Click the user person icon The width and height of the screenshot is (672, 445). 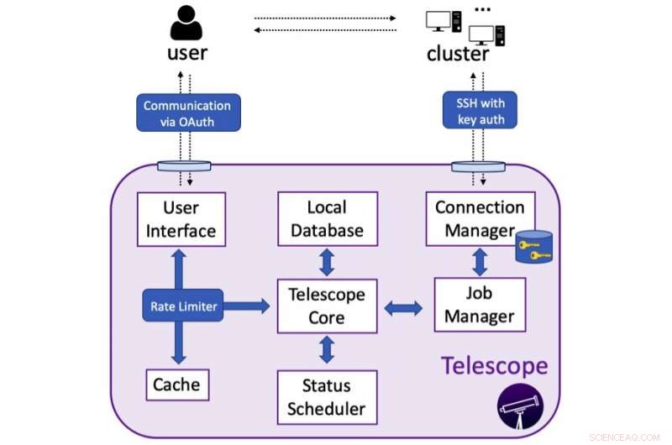coord(186,22)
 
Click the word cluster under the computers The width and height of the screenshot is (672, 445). coord(458,54)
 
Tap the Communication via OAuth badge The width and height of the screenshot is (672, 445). coord(186,113)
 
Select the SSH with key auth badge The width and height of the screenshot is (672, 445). coord(479,110)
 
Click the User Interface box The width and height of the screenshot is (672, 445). coord(181,218)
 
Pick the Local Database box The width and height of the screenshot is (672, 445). coord(328,218)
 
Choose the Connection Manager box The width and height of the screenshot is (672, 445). coord(479,218)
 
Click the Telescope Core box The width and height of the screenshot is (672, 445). coord(328,306)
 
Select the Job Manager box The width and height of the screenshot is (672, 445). coord(479,305)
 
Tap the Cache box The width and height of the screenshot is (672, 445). coord(176,385)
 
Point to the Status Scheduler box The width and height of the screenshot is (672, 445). coord(328,397)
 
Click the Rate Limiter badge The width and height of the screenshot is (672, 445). coord(184,306)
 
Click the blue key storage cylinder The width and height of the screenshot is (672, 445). coord(535,248)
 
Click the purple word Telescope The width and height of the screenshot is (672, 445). coord(494,365)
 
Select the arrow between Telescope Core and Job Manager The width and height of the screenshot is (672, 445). coord(404,308)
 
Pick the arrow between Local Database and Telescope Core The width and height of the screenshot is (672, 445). coord(328,262)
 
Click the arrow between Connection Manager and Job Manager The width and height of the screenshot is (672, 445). coord(480,262)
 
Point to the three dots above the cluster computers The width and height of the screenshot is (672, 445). coord(482,8)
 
